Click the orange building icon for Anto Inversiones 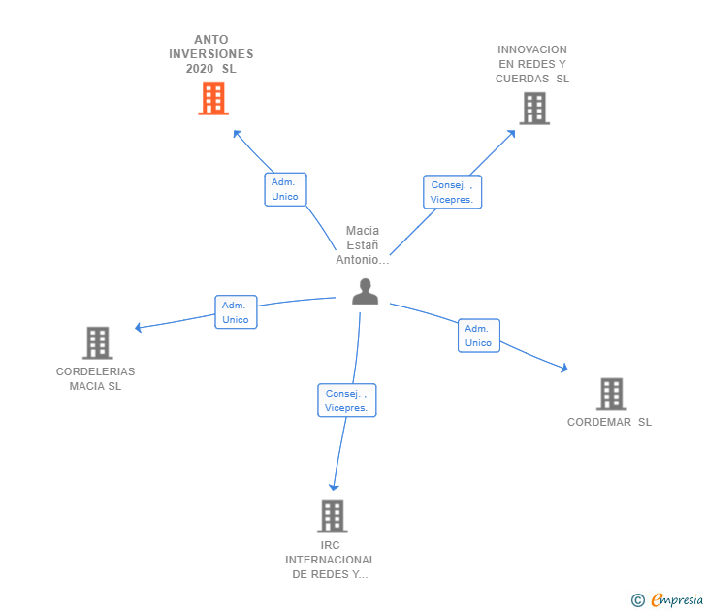click(x=213, y=99)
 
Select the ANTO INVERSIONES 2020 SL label click(x=210, y=54)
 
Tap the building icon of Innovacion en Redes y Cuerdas click(x=533, y=109)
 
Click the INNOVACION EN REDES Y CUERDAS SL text click(x=532, y=64)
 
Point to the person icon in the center click(x=365, y=291)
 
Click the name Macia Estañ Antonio click(x=363, y=245)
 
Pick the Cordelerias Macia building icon click(x=97, y=343)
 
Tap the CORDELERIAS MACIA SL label click(x=95, y=379)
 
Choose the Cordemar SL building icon click(x=611, y=394)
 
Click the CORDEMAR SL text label click(x=609, y=422)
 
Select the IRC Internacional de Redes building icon click(x=332, y=516)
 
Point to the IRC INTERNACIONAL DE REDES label click(x=330, y=560)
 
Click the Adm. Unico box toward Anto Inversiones click(x=285, y=189)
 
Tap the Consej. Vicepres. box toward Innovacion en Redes click(x=452, y=192)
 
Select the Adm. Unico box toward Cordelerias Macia click(x=236, y=312)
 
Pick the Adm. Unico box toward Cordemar click(x=478, y=336)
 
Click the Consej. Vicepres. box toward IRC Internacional click(x=346, y=401)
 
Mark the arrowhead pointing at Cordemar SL click(x=562, y=368)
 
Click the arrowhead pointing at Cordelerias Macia click(x=140, y=328)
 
